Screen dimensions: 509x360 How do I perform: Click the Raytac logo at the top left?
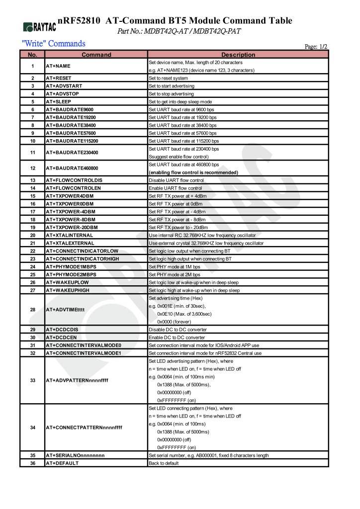tap(39, 26)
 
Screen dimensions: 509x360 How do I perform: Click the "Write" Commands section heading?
tap(54, 44)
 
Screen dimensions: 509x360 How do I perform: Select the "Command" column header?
tap(96, 55)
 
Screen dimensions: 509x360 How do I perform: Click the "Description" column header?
tap(238, 55)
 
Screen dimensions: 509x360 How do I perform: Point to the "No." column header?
tap(32, 55)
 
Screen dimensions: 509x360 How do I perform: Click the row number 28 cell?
tap(32, 310)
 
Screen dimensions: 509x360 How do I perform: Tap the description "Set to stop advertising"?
tap(172, 93)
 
